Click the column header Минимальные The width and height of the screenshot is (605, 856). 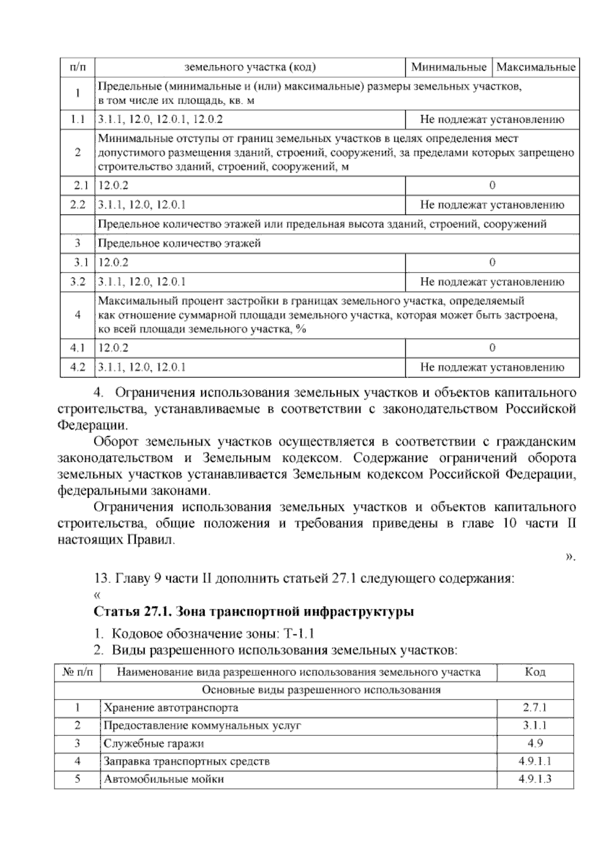coord(448,67)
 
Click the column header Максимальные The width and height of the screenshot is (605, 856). coord(535,67)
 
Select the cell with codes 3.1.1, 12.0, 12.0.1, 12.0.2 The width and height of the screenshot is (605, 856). coord(160,120)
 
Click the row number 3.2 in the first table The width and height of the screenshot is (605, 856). coord(78,282)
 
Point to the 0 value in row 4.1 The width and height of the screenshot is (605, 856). coord(492,348)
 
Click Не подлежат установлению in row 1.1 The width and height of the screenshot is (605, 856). coord(492,120)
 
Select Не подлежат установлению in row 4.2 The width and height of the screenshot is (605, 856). coord(492,367)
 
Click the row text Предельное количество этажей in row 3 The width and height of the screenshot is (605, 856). coord(179,243)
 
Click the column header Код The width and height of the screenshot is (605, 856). coord(535,672)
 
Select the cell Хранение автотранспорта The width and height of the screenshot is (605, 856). coord(170,708)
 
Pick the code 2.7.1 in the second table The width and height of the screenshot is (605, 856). coord(535,708)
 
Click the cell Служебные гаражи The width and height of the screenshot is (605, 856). coord(154,743)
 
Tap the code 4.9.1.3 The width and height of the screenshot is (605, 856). coord(535,779)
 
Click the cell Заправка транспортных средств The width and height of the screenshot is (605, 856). coord(187,761)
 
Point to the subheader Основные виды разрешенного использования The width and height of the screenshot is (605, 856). coord(321,690)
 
